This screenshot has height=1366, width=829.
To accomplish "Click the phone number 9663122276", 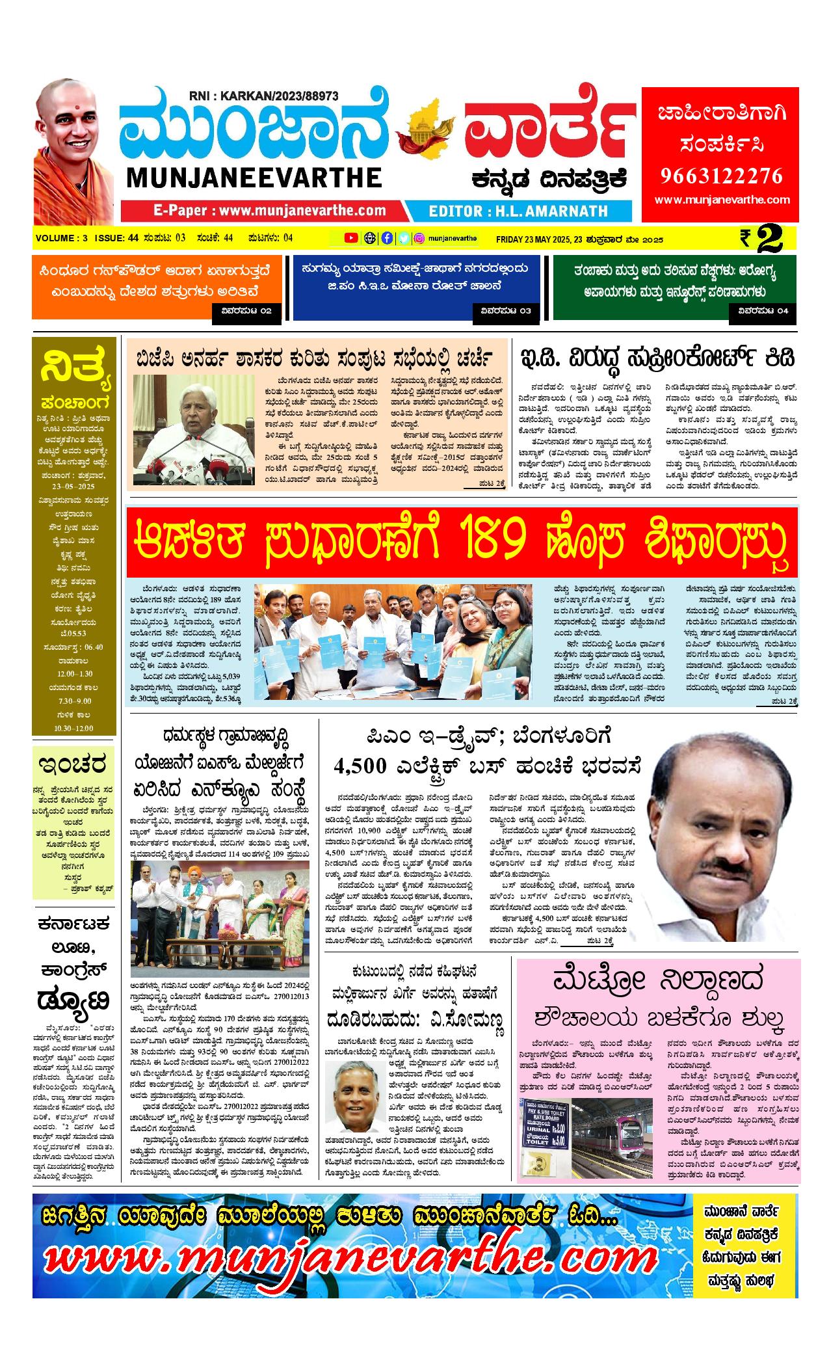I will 722,176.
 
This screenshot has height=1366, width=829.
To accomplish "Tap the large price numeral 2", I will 776,239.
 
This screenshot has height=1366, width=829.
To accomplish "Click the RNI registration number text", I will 265,96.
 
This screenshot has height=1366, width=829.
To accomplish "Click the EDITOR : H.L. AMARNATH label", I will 518,211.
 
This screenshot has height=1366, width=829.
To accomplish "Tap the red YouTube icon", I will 351,238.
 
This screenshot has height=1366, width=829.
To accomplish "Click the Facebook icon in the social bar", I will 387,238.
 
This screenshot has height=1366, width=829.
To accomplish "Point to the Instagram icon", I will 420,238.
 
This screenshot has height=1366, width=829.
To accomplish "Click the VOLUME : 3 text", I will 62,238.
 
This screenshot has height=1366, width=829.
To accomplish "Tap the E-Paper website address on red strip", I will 270,211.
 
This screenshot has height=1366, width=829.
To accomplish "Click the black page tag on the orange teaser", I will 246,311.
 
